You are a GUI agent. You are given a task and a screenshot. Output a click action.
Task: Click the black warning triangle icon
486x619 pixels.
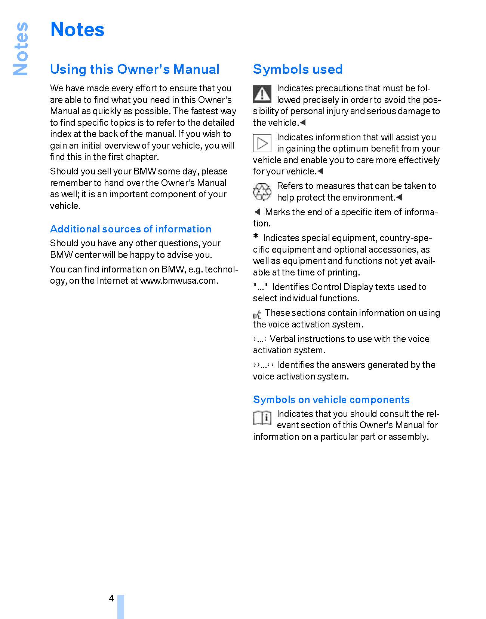pyautogui.click(x=262, y=94)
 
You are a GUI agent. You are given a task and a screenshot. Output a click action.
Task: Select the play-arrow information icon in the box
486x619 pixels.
pyautogui.click(x=262, y=143)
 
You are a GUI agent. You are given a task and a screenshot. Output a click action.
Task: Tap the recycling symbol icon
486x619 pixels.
pyautogui.click(x=262, y=192)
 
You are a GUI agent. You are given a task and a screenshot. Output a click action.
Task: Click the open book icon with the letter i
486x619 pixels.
pyautogui.click(x=262, y=418)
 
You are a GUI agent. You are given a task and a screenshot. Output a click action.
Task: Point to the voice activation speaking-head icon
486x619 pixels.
pyautogui.click(x=257, y=315)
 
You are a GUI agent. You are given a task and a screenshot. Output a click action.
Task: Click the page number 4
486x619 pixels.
pyautogui.click(x=111, y=598)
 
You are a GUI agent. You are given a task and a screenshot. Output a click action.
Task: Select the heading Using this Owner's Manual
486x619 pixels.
pyautogui.click(x=135, y=69)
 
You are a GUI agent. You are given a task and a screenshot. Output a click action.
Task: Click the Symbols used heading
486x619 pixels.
pyautogui.click(x=298, y=69)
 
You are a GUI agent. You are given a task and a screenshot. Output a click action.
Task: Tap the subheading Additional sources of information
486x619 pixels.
pyautogui.click(x=130, y=229)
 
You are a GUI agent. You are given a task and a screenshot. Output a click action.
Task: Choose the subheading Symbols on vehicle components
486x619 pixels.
pyautogui.click(x=331, y=400)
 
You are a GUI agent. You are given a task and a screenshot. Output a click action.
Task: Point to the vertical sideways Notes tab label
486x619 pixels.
pyautogui.click(x=21, y=49)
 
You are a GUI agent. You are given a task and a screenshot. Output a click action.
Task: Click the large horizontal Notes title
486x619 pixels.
pyautogui.click(x=77, y=29)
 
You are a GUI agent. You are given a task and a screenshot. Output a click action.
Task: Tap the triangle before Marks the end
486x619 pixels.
pyautogui.click(x=257, y=212)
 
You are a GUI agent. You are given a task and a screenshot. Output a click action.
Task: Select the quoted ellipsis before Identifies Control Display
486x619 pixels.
pyautogui.click(x=260, y=287)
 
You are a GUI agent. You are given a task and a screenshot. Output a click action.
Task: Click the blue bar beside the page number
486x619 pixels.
pyautogui.click(x=120, y=606)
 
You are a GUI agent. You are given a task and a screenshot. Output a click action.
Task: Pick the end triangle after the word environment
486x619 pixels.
pyautogui.click(x=399, y=197)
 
